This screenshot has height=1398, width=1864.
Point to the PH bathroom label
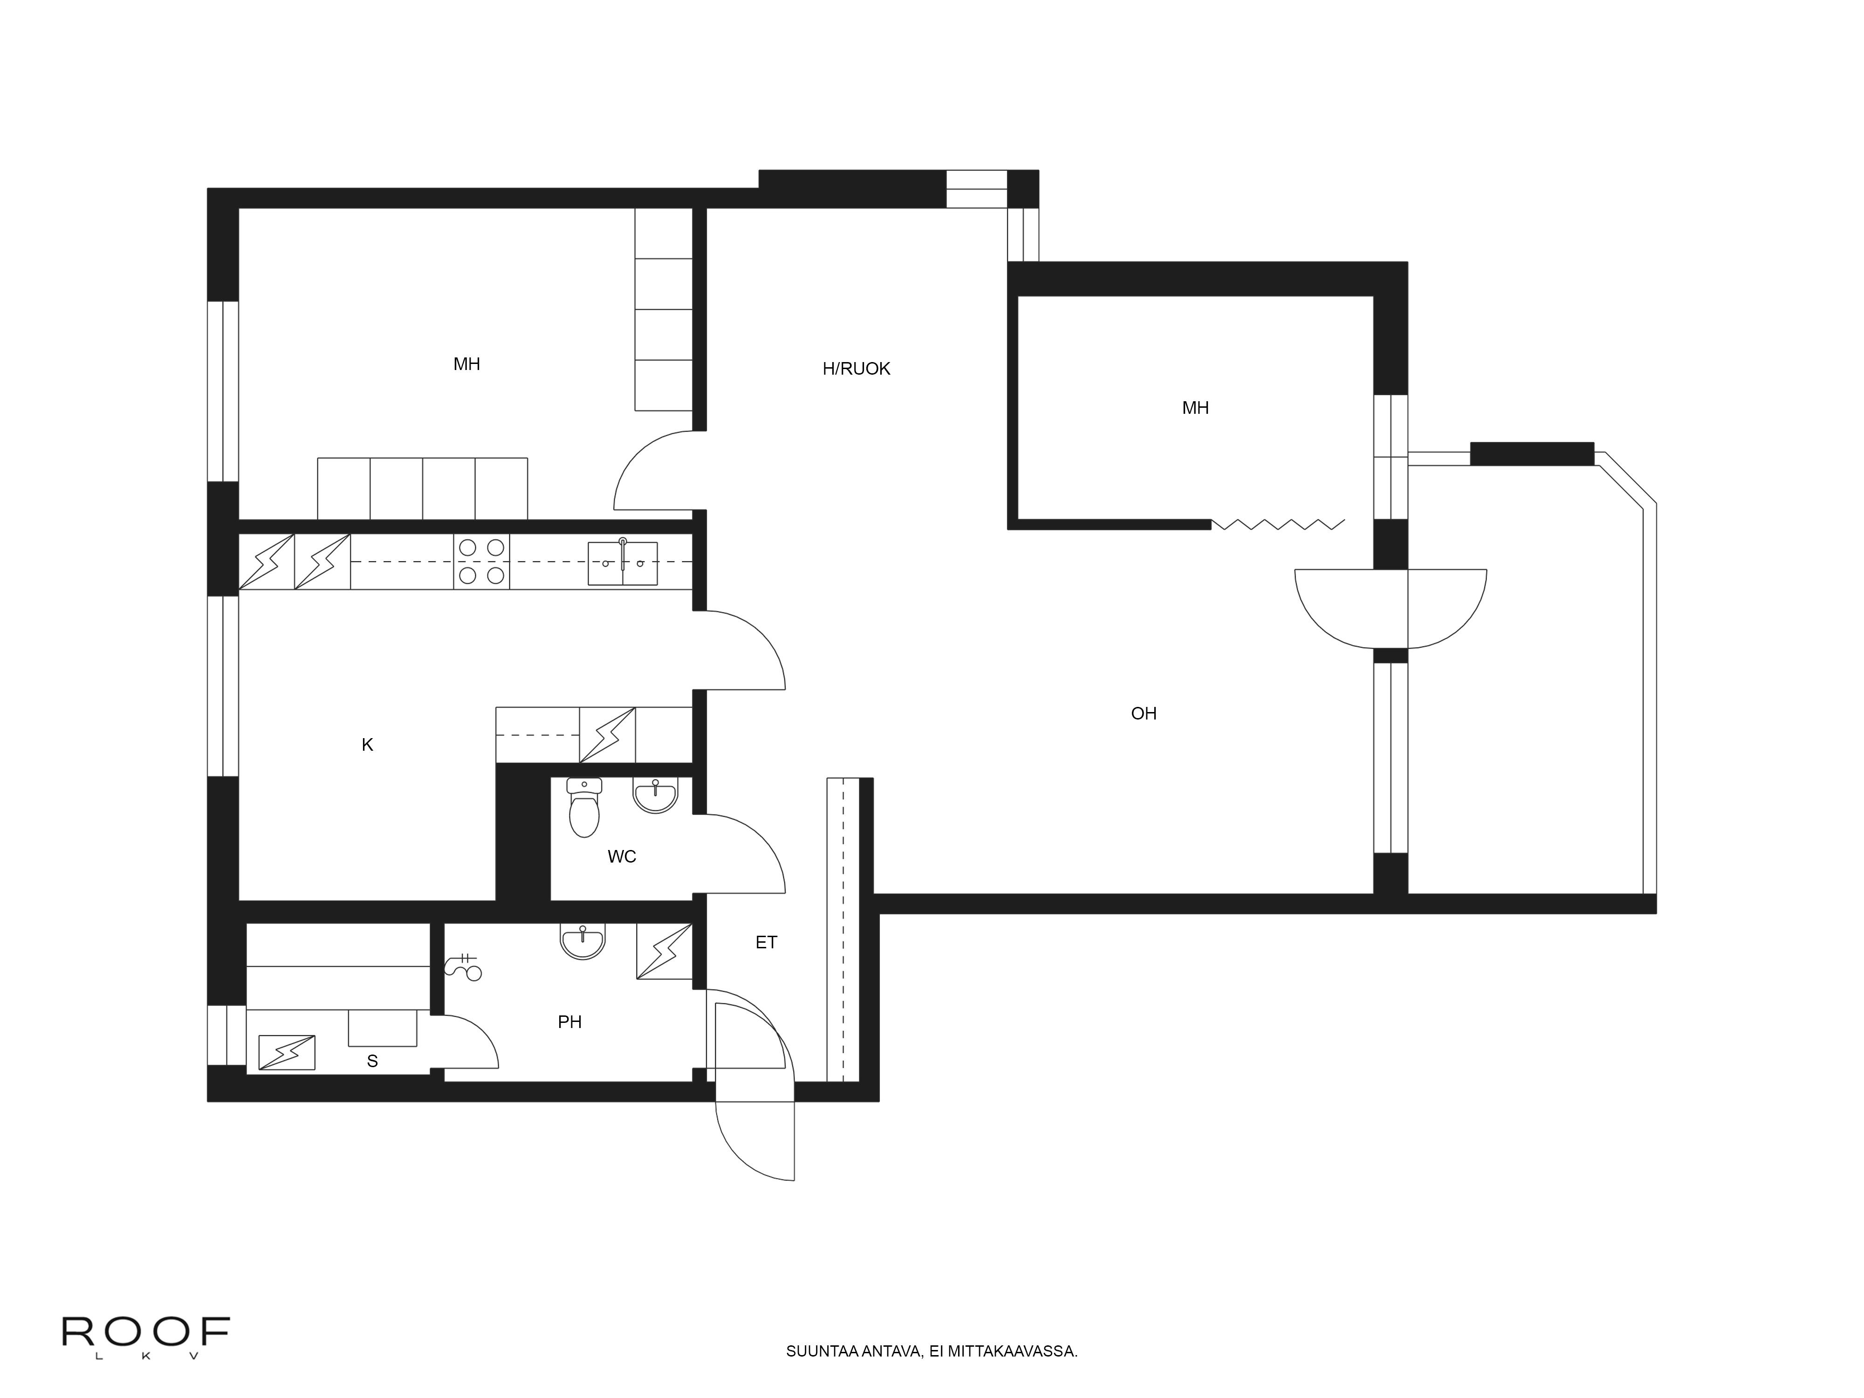coord(569,1022)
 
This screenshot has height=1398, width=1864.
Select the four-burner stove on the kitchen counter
coord(481,561)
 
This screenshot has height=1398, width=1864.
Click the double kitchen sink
coord(622,563)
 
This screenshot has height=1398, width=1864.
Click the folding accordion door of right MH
coord(1277,524)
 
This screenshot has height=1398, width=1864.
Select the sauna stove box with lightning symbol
coord(287,1052)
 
